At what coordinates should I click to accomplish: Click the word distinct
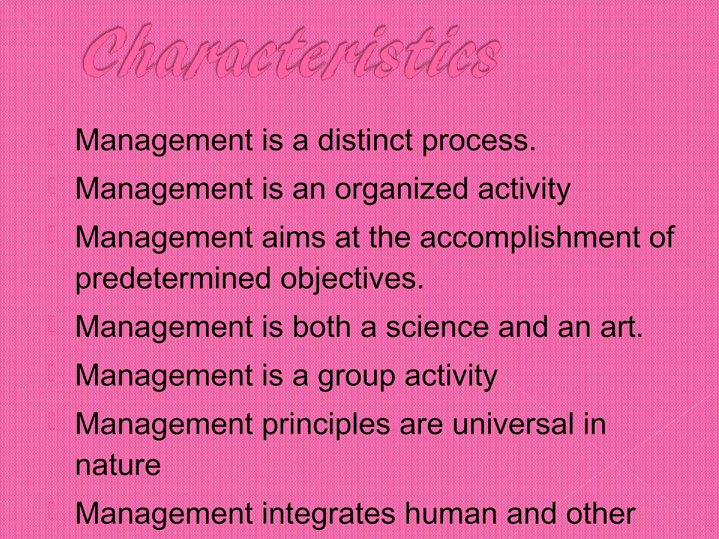pos(365,140)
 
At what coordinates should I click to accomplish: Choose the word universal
pos(509,424)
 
